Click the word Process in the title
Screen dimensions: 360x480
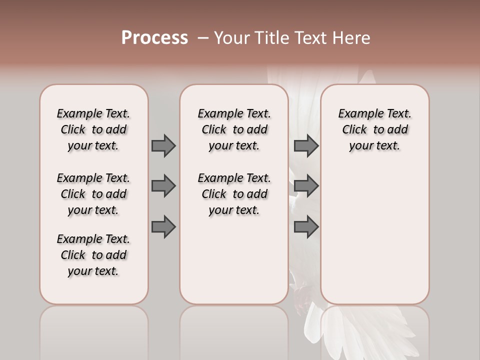154,37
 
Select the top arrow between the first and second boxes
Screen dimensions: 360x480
163,146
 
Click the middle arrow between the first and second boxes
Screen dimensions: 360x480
163,186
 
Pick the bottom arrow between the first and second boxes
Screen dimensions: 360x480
163,227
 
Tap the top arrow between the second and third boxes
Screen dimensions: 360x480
306,146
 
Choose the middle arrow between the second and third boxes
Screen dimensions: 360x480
306,186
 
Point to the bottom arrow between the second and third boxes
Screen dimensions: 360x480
306,227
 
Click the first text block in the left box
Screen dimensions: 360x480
93,129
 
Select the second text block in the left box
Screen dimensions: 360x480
93,194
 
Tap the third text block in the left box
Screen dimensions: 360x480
93,255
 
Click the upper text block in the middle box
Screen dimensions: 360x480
234,129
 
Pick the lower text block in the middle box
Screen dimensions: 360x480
234,194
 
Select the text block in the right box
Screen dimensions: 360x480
374,129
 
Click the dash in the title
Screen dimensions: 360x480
203,38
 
